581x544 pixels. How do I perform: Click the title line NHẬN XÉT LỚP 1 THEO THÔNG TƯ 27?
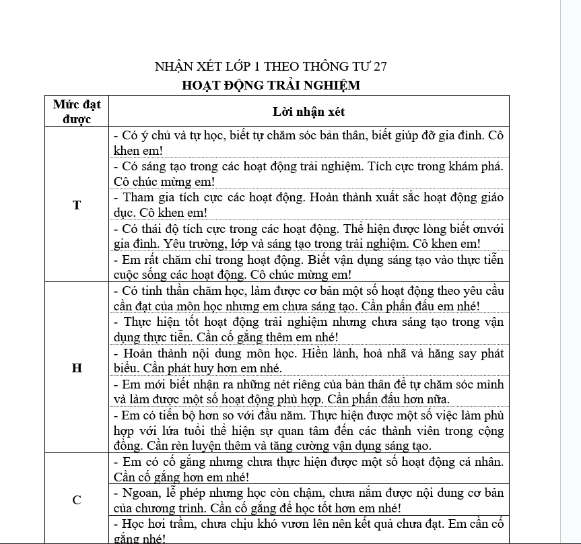(271, 66)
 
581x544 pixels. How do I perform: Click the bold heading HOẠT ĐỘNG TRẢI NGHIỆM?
(271, 86)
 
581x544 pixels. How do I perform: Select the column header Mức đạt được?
(77, 111)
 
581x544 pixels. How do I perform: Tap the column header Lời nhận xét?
(309, 111)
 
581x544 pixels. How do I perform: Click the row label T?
(77, 205)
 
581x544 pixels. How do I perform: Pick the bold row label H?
(77, 368)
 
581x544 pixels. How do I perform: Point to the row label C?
(77, 500)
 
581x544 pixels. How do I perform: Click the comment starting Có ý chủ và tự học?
(309, 143)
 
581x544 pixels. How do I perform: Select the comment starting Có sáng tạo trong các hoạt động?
(309, 173)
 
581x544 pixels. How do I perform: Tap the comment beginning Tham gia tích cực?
(309, 205)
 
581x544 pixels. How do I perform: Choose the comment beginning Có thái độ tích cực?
(309, 236)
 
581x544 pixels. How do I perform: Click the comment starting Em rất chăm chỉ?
(309, 267)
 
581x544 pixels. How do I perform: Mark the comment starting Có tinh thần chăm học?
(309, 298)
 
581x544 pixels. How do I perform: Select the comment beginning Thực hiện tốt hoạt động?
(309, 329)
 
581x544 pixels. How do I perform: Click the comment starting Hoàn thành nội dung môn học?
(309, 360)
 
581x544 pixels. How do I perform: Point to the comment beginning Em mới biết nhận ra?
(309, 391)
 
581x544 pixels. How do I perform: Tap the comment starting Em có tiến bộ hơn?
(309, 430)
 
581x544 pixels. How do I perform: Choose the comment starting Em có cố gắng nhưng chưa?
(309, 469)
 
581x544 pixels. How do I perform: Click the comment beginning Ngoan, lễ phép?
(309, 500)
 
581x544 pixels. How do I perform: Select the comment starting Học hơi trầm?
(309, 531)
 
